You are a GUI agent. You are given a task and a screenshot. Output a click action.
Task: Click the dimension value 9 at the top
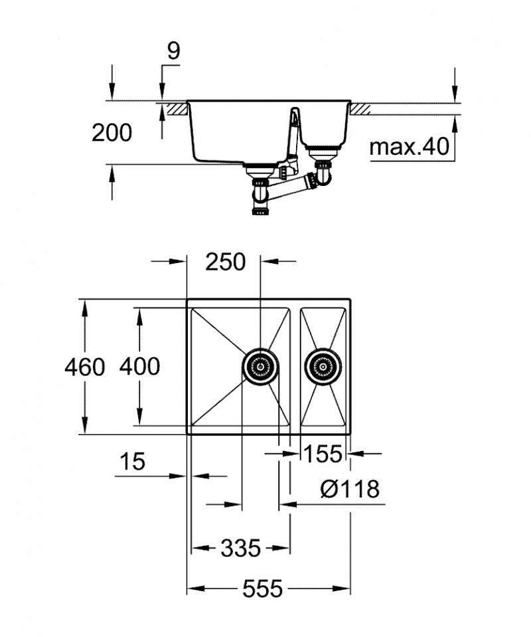(173, 52)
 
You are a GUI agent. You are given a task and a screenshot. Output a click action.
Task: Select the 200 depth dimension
(112, 133)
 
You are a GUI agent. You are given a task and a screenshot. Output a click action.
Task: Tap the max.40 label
(409, 146)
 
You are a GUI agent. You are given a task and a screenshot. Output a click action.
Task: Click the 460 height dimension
(85, 367)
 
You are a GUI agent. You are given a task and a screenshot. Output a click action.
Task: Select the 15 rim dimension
(133, 462)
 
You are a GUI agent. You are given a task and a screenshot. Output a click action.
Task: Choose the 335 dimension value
(240, 549)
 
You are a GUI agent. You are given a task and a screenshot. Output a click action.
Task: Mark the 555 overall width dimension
(262, 588)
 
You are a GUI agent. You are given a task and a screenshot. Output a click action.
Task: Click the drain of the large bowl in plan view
(260, 366)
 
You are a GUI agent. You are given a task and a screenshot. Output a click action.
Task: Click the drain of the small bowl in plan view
(323, 366)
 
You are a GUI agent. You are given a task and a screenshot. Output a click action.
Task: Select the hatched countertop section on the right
(362, 107)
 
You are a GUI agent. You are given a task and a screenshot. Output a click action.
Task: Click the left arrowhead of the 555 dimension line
(193, 589)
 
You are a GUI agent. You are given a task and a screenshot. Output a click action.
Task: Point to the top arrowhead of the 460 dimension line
(85, 305)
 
